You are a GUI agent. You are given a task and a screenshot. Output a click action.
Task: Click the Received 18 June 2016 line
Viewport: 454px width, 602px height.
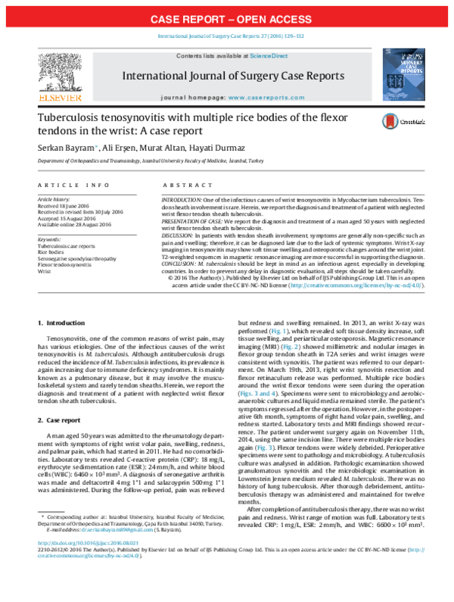62,204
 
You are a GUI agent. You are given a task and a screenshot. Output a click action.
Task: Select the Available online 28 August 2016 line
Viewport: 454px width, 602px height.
71,224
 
